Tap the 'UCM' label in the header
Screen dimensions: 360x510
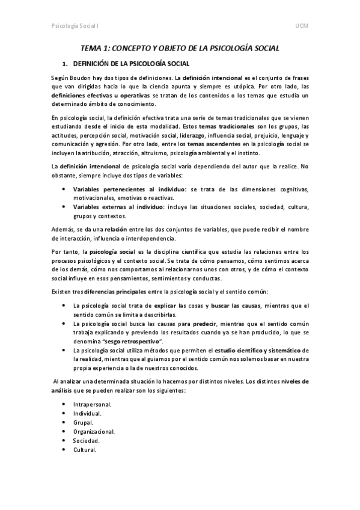click(x=302, y=28)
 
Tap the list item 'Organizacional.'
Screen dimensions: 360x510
click(x=94, y=431)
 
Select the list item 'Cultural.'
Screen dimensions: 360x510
click(x=85, y=449)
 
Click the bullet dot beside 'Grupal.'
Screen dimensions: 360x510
click(x=64, y=422)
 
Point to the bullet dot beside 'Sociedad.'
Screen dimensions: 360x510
click(x=64, y=440)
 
